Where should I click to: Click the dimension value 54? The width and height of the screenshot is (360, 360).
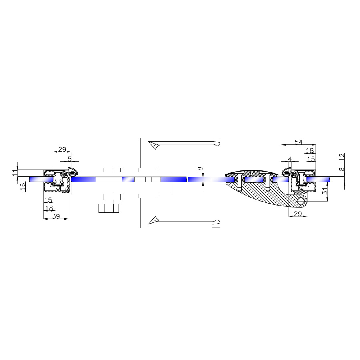click(298, 142)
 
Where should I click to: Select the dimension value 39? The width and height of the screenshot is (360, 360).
click(56, 216)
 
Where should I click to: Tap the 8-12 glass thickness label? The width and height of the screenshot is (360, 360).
click(342, 162)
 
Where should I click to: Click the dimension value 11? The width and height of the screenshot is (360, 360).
click(15, 173)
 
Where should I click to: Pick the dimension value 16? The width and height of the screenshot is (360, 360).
click(23, 186)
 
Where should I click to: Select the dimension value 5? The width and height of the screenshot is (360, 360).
click(70, 159)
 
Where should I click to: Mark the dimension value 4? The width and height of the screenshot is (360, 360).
click(290, 159)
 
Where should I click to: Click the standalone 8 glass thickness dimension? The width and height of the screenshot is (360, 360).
click(200, 168)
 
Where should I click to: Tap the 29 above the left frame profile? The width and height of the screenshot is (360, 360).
click(62, 149)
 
